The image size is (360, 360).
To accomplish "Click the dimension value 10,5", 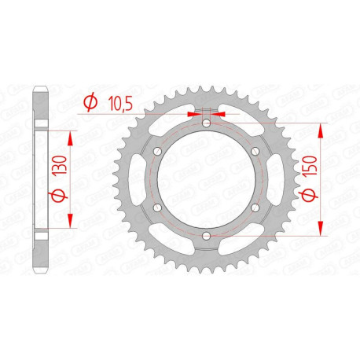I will pyautogui.click(x=117, y=101).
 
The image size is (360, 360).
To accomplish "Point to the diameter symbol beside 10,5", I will pyautogui.click(x=90, y=101).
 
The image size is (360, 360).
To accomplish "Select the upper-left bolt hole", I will pyautogui.click(x=156, y=151).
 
